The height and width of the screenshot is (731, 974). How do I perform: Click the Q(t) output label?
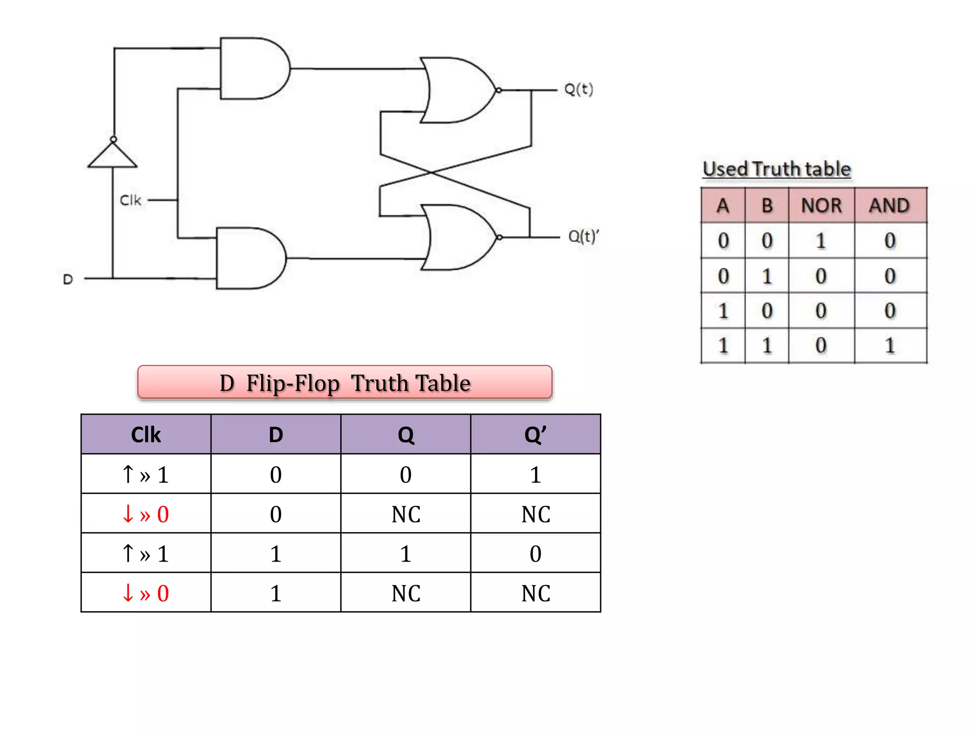pyautogui.click(x=578, y=89)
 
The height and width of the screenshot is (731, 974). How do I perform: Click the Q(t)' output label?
pyautogui.click(x=584, y=236)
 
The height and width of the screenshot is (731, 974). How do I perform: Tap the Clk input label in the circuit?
pyautogui.click(x=130, y=200)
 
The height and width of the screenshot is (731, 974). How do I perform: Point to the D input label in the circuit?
pyautogui.click(x=68, y=279)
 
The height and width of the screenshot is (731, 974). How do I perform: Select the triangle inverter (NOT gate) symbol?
pyautogui.click(x=113, y=156)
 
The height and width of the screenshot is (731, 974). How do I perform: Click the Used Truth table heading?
pyautogui.click(x=777, y=169)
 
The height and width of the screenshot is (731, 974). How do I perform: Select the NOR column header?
pyautogui.click(x=821, y=206)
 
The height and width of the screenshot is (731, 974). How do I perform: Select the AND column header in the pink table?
pyautogui.click(x=889, y=206)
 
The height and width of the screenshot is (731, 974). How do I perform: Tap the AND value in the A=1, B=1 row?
pyautogui.click(x=890, y=346)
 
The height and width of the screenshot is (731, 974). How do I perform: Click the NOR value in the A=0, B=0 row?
pyautogui.click(x=821, y=241)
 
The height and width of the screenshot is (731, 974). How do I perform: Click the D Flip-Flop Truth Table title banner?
pyautogui.click(x=345, y=383)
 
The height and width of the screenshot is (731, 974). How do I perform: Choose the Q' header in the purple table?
pyautogui.click(x=535, y=435)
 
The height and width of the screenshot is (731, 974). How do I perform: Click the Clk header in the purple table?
pyautogui.click(x=146, y=435)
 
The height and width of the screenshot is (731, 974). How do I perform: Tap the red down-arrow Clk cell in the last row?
pyautogui.click(x=146, y=593)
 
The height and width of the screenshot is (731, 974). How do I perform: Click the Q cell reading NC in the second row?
pyautogui.click(x=406, y=514)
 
